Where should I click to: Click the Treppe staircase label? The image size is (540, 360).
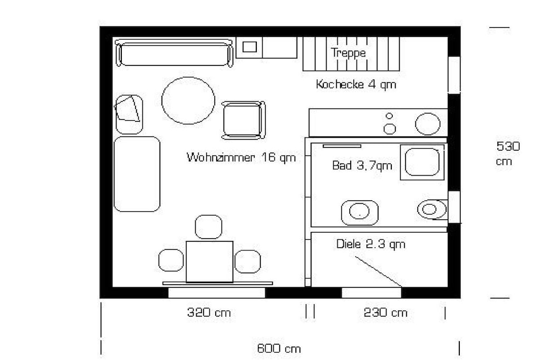coord(348,53)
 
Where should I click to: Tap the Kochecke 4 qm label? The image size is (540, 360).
coord(356,84)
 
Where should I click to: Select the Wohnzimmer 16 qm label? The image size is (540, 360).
coord(241,158)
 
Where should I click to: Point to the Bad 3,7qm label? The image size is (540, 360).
coord(362,166)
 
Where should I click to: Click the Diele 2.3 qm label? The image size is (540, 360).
coord(371,244)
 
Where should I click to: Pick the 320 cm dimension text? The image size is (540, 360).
coord(209,313)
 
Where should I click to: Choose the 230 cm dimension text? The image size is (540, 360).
coord(385,313)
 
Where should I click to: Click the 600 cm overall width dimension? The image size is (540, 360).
coord(279,348)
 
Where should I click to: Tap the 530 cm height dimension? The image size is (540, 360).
coord(508,153)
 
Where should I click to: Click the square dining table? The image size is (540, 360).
coord(209,262)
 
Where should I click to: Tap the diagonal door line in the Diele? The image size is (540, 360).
coord(379,271)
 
